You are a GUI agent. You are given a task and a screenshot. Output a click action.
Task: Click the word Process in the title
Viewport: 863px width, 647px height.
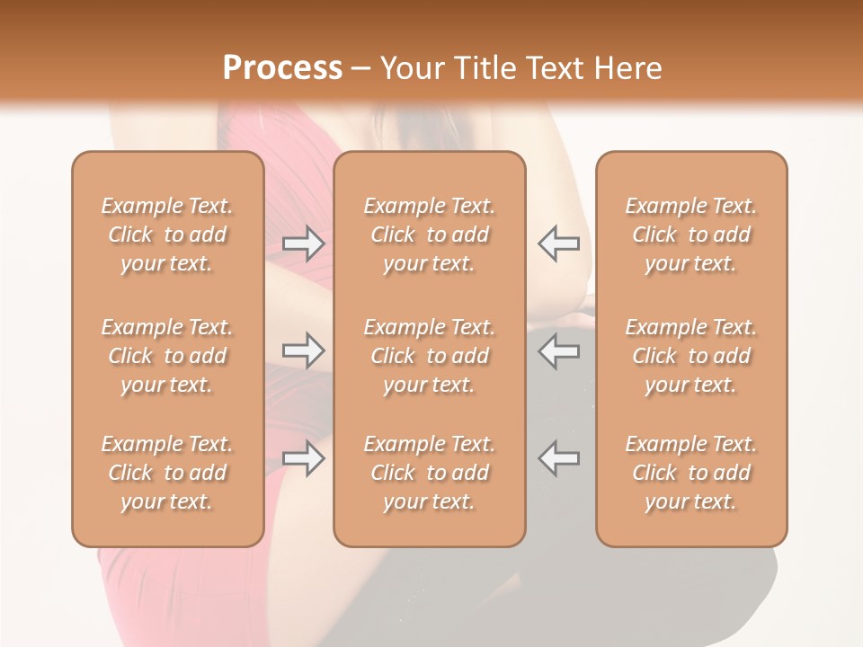pos(282,68)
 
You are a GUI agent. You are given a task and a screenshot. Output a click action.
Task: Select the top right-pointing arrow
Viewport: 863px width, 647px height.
pos(304,244)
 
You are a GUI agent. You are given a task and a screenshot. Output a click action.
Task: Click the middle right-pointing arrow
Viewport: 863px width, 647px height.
pos(304,350)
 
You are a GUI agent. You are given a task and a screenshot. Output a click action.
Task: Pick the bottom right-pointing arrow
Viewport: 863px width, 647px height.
pos(304,458)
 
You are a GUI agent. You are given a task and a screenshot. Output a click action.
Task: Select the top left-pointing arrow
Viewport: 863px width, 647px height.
pos(558,244)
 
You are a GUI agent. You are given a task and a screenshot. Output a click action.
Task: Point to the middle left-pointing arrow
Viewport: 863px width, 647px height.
pos(558,350)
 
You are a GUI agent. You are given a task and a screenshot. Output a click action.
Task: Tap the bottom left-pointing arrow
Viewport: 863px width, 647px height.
pos(558,458)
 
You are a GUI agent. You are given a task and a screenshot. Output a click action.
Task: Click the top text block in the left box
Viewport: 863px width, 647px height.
pos(167,235)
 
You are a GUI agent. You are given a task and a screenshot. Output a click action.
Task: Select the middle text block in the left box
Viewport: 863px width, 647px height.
pos(167,356)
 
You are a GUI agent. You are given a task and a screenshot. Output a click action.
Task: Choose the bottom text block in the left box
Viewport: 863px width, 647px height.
pos(167,473)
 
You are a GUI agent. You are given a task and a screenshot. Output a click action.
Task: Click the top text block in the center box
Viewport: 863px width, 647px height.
pos(430,235)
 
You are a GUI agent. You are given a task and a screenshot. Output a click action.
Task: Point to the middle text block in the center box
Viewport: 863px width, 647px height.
pos(430,356)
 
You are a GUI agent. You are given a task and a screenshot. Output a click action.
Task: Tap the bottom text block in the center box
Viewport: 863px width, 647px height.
pos(430,473)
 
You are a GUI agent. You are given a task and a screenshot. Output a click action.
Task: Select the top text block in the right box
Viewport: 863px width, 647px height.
pos(691,235)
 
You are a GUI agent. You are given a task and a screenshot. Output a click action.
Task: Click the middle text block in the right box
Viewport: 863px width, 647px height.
pos(691,356)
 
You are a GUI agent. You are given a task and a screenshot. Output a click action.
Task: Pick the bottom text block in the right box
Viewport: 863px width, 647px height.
pos(691,473)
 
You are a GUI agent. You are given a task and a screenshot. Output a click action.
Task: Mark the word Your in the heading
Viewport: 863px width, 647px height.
pos(411,68)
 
